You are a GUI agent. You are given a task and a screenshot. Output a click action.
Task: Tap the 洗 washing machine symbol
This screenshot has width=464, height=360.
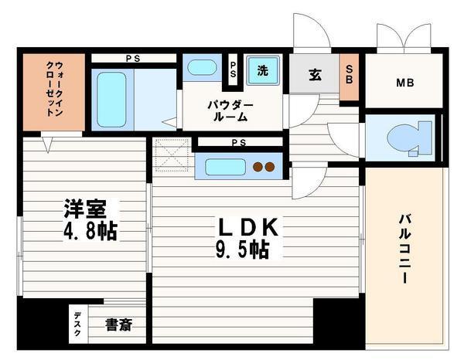point(263,71)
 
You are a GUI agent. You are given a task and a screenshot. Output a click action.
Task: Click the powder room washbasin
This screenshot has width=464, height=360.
point(202,67)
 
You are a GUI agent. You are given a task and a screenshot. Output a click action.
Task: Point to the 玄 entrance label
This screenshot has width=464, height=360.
point(316,75)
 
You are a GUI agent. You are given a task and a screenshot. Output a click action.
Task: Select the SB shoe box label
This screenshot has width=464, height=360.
point(350,75)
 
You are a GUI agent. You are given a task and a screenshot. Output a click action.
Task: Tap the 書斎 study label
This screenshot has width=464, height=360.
point(118,324)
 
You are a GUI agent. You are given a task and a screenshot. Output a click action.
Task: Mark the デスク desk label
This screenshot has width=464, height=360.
point(78,320)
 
